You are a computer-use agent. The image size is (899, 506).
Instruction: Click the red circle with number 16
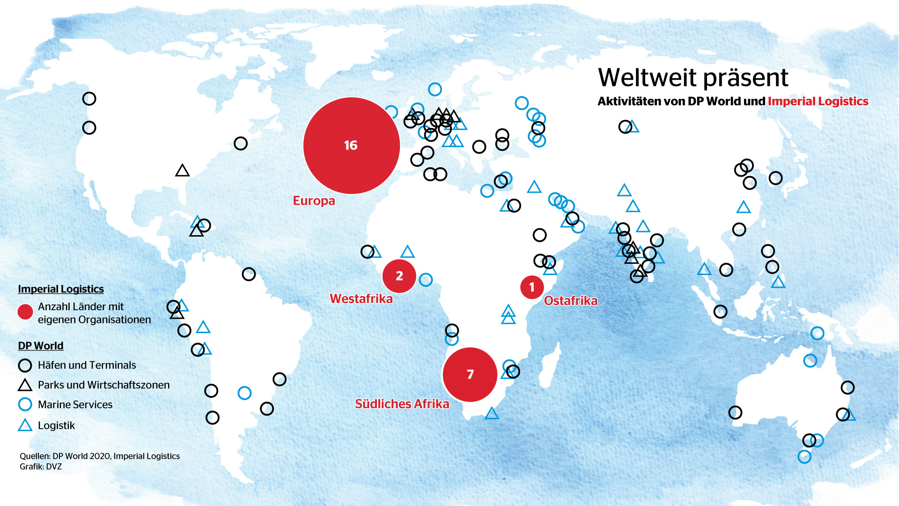click(x=351, y=145)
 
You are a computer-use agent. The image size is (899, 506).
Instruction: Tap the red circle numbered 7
click(x=470, y=374)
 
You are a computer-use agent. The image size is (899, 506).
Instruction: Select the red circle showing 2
click(x=399, y=276)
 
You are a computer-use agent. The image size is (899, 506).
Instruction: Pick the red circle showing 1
click(x=531, y=287)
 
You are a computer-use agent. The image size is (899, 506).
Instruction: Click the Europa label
click(x=314, y=201)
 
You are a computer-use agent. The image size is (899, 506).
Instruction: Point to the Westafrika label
click(x=361, y=299)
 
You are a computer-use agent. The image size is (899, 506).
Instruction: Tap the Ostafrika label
click(x=571, y=301)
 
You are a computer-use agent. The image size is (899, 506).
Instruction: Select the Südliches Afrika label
click(x=402, y=404)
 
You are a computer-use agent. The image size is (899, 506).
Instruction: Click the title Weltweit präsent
click(x=693, y=78)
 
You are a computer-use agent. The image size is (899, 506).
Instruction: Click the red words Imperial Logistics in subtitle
click(x=818, y=101)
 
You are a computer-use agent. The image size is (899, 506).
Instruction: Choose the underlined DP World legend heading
click(x=41, y=346)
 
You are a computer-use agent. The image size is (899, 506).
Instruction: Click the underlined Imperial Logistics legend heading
click(x=61, y=289)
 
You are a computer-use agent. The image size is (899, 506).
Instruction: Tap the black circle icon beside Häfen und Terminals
click(x=25, y=365)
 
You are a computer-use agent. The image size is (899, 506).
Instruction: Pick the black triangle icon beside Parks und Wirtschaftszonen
click(x=25, y=386)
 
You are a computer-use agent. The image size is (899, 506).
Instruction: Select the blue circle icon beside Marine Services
click(x=25, y=404)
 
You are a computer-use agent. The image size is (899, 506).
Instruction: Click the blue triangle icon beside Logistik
click(x=25, y=426)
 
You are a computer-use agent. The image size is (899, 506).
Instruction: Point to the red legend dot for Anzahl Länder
click(x=25, y=312)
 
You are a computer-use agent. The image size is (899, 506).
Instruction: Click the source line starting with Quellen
click(x=100, y=456)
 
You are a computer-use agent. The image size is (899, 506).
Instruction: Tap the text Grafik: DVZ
click(x=41, y=467)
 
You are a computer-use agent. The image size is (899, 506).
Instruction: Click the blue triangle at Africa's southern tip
click(x=492, y=414)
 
